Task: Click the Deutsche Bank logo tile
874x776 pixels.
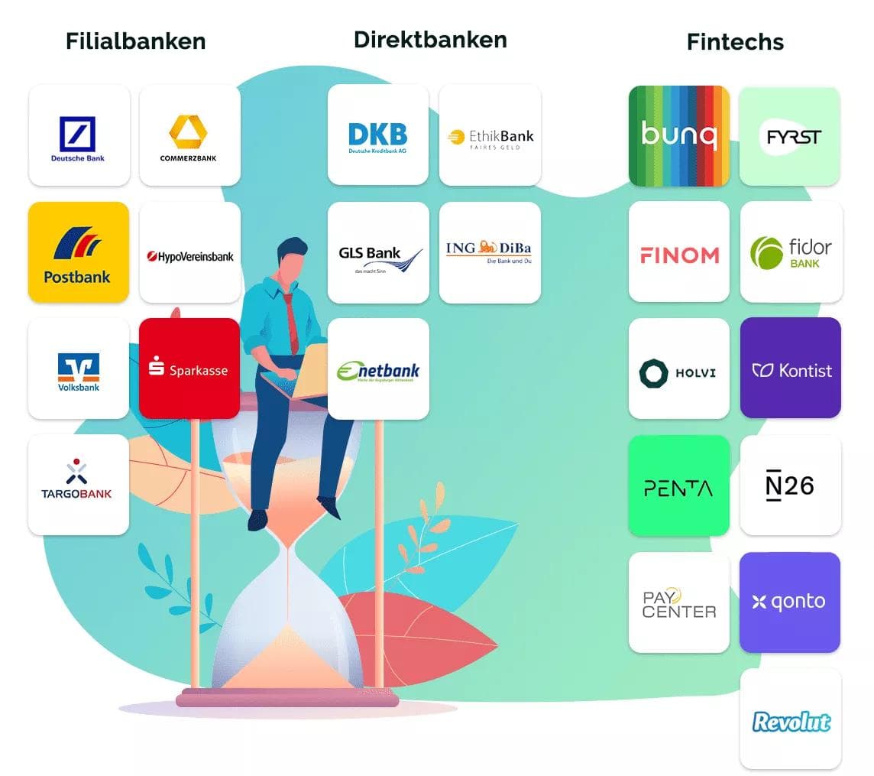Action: click(x=79, y=135)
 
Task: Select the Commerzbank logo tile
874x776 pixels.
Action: click(x=189, y=135)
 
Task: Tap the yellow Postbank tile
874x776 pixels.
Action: click(x=79, y=252)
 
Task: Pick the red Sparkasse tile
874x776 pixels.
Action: click(x=189, y=369)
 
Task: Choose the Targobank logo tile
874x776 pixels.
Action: click(x=79, y=485)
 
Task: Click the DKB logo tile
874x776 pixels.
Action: click(x=377, y=135)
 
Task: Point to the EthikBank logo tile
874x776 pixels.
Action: click(x=490, y=135)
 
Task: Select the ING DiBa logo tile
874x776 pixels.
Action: click(x=490, y=252)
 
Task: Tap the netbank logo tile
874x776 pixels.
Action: click(x=377, y=369)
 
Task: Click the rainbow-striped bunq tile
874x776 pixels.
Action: click(x=678, y=135)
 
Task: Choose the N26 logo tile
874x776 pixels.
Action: click(x=790, y=485)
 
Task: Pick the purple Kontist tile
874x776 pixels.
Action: click(x=790, y=369)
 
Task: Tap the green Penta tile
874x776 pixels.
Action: click(x=678, y=485)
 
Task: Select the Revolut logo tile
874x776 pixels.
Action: click(x=790, y=719)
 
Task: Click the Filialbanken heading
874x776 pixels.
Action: click(x=135, y=41)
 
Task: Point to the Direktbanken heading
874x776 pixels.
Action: click(x=430, y=39)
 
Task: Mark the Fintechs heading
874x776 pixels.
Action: click(x=735, y=41)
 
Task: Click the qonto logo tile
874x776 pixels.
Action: click(x=790, y=602)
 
